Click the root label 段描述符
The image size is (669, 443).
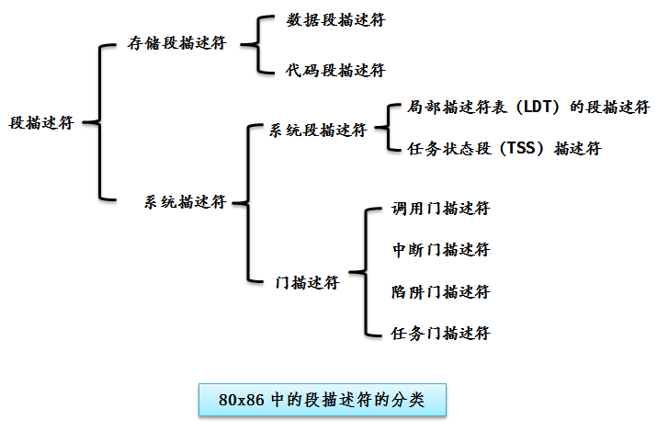(x=41, y=123)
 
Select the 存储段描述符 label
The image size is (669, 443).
(x=176, y=42)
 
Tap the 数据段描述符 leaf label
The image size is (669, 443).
(x=335, y=19)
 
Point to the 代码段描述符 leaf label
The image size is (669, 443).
(x=335, y=71)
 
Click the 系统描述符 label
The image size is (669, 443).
(x=185, y=202)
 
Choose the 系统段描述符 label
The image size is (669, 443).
(x=318, y=131)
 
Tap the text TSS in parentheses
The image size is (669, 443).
(x=521, y=148)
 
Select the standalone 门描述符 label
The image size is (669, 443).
(x=307, y=282)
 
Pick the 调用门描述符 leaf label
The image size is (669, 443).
(x=441, y=209)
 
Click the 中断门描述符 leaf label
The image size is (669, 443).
(x=441, y=250)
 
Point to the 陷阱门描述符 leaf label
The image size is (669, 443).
(x=441, y=292)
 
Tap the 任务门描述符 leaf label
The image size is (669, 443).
(x=441, y=334)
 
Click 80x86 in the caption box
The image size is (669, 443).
(x=242, y=400)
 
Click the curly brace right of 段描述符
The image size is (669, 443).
(x=100, y=122)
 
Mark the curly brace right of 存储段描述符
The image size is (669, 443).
(x=257, y=44)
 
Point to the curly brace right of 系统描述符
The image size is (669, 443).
(x=248, y=203)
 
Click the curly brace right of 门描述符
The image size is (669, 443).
(x=366, y=272)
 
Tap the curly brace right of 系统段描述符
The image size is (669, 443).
(x=388, y=127)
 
